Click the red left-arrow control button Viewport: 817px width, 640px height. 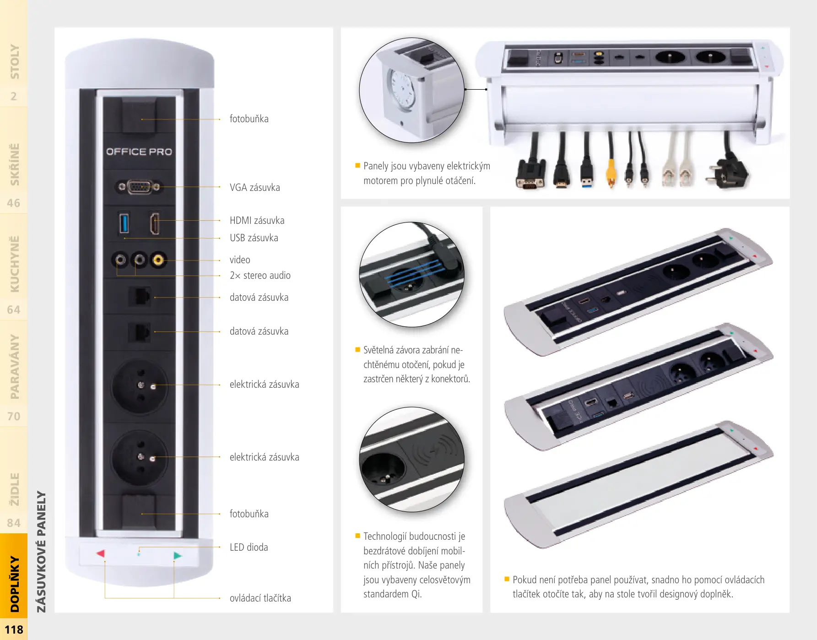101,553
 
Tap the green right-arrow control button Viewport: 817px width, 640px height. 178,555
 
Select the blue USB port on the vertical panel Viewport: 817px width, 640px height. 124,223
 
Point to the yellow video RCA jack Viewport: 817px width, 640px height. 158,260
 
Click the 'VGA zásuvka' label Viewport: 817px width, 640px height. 255,187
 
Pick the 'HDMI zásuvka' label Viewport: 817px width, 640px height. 257,220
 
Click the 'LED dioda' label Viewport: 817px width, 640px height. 249,547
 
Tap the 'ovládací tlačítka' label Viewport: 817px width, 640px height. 260,598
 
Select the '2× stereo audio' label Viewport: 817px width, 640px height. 260,275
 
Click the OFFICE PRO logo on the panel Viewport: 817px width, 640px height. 139,152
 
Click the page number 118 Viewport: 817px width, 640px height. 14,630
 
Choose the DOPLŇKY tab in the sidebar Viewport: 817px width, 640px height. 15,584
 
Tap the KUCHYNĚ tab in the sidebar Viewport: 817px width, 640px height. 15,264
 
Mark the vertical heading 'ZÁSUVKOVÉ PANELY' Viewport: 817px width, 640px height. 42,552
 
